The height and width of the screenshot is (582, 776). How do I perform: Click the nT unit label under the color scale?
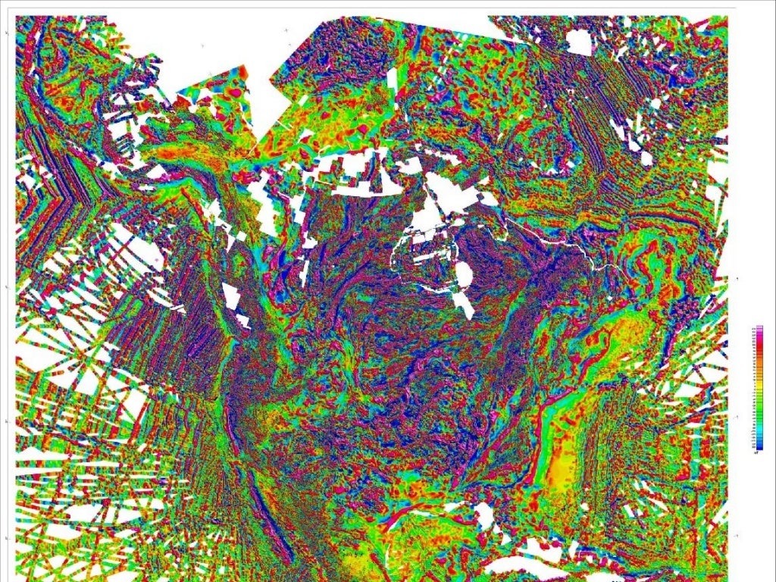point(757,452)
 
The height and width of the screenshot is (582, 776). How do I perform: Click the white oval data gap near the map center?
point(463,277)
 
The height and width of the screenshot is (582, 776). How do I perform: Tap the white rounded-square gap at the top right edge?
point(579,42)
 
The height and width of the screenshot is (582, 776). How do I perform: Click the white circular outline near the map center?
point(424,258)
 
